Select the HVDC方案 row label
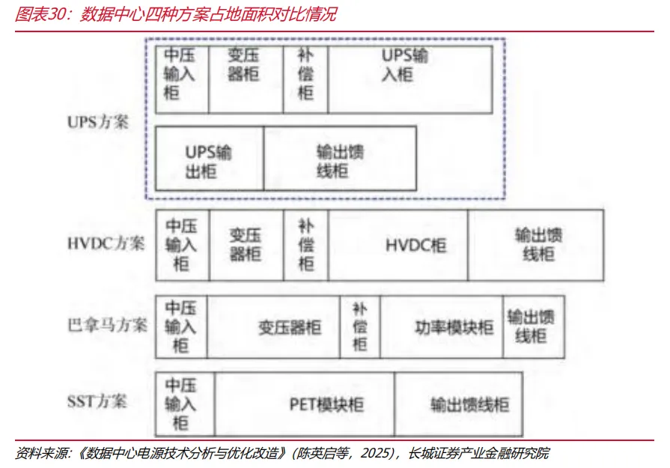coord(105,244)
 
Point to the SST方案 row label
coord(97,401)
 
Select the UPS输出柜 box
coord(209,158)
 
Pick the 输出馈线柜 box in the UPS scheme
coord(339,158)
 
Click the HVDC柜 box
coord(398,245)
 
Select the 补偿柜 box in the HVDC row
coord(306,245)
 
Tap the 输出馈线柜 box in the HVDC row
coord(535,245)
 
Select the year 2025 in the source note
coord(379,454)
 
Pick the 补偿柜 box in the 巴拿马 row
coord(360,326)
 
